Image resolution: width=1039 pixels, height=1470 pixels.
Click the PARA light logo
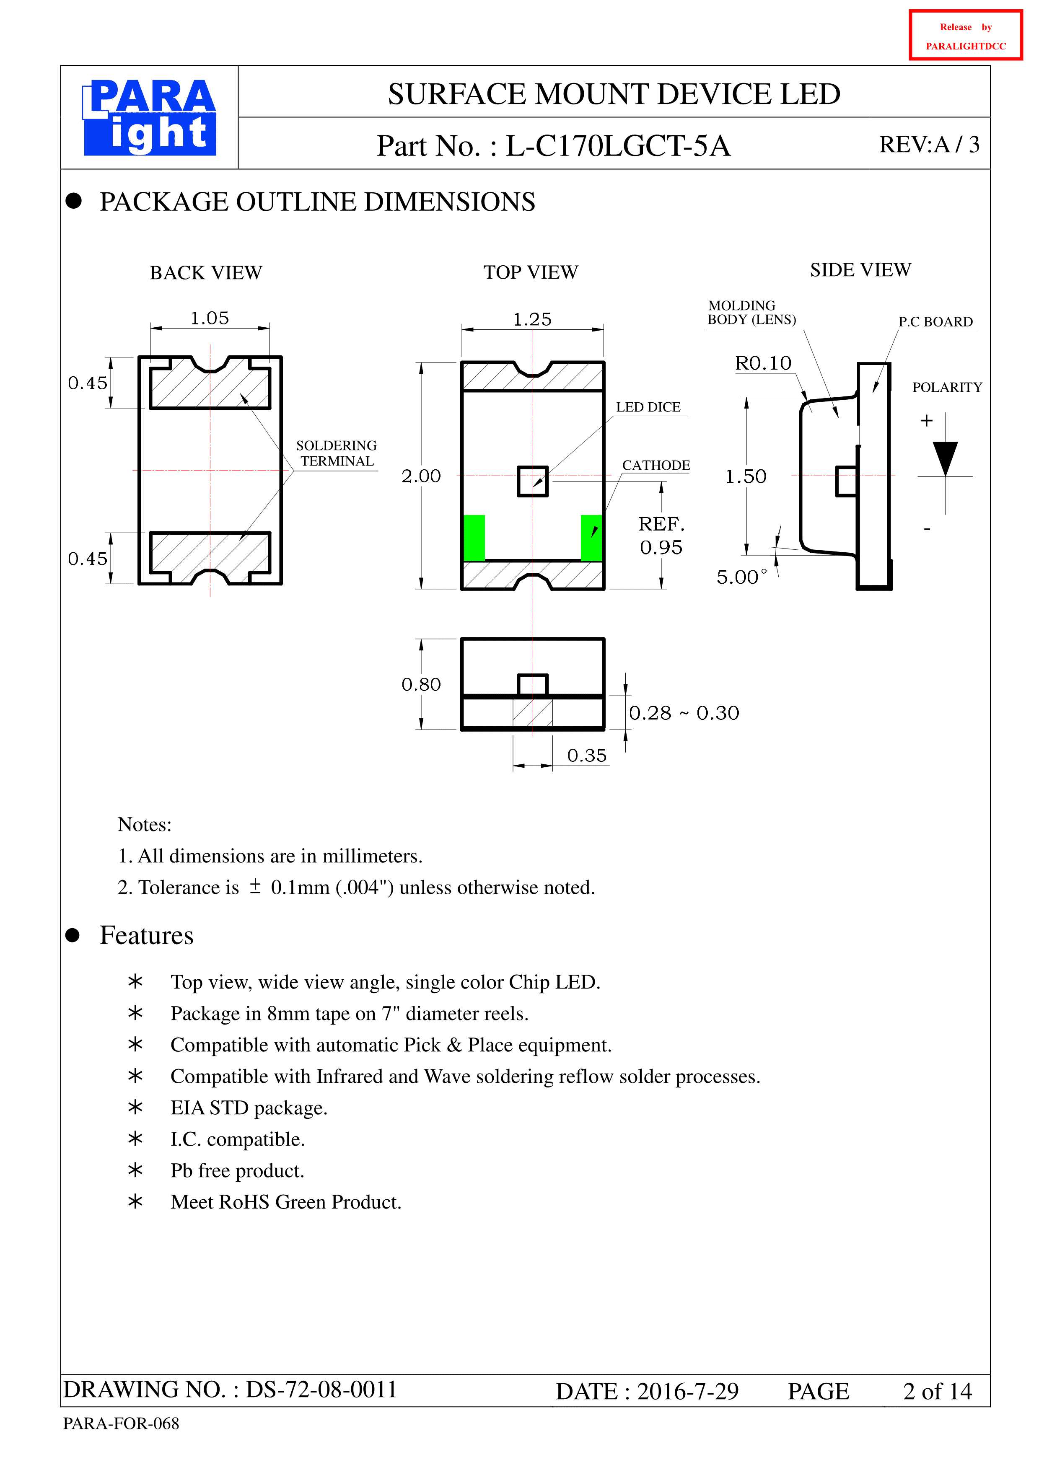pyautogui.click(x=149, y=117)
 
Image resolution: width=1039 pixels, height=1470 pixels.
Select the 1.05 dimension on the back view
pyautogui.click(x=210, y=318)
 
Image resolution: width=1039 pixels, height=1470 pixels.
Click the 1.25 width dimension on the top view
pyautogui.click(x=533, y=319)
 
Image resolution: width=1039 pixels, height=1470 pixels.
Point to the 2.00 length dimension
pyautogui.click(x=421, y=476)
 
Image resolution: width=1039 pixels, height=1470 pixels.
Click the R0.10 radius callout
pyautogui.click(x=763, y=363)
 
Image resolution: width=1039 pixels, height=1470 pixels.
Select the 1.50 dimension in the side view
pyautogui.click(x=746, y=476)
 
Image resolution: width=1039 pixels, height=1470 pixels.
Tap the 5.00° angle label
pyautogui.click(x=741, y=577)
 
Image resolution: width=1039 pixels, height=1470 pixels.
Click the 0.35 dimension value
pyautogui.click(x=587, y=756)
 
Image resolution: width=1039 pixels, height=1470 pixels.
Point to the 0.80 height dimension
pyautogui.click(x=421, y=684)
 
